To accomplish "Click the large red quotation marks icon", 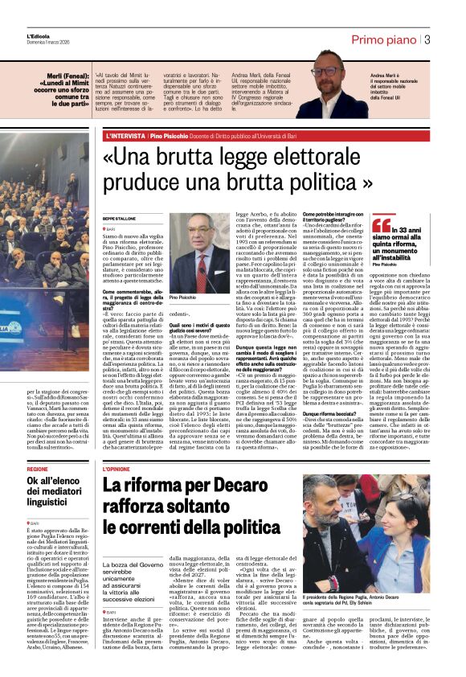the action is click(381, 224).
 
